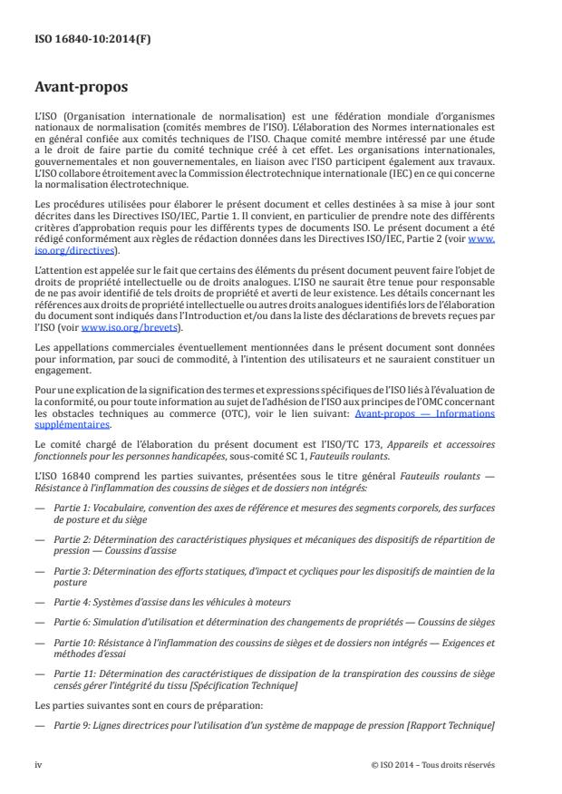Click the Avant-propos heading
(79, 89)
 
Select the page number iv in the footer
(38, 764)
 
